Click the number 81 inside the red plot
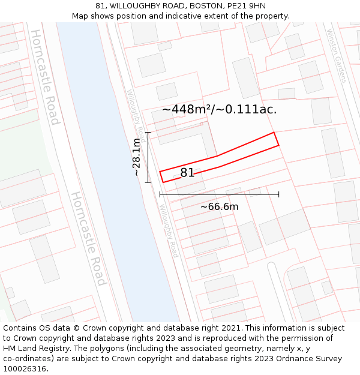187,173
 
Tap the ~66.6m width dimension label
219,207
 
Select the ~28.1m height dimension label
137,157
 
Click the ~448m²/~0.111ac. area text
220,109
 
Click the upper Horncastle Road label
46,77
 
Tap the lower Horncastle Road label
89,238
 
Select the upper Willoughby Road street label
136,112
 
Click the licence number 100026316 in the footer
25,368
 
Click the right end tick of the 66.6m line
278,194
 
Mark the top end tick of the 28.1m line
148,132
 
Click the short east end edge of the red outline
276,139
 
